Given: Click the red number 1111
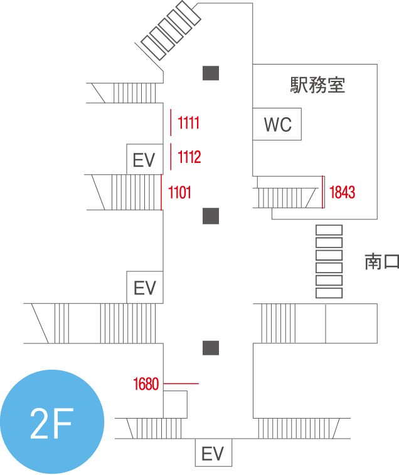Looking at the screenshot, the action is point(188,123).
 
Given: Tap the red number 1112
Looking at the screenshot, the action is point(189,157).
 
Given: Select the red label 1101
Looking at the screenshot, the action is point(179,192).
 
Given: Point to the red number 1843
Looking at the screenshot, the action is point(342,192).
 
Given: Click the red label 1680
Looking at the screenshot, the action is point(146,384).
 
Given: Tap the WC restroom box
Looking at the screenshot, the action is point(277,124).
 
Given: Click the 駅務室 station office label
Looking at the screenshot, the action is point(317,85).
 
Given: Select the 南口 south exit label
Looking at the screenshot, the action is point(381,262).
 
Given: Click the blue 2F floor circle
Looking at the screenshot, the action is point(52,422).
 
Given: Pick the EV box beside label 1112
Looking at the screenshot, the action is point(145,159).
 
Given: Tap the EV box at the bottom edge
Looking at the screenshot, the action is point(213,452).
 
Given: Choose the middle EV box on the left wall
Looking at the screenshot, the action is point(145,287).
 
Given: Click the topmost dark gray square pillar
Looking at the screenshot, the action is point(211,73).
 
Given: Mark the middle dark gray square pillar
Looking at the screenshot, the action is point(211,216).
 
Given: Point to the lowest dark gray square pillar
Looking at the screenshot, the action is point(211,348).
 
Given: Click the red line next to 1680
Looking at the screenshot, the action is point(181,384).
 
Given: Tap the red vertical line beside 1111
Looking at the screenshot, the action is point(171,122).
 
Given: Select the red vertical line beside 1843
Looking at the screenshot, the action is point(322,192).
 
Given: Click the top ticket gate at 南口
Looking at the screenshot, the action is point(329,230).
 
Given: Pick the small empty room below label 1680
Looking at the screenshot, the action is point(175,404).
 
